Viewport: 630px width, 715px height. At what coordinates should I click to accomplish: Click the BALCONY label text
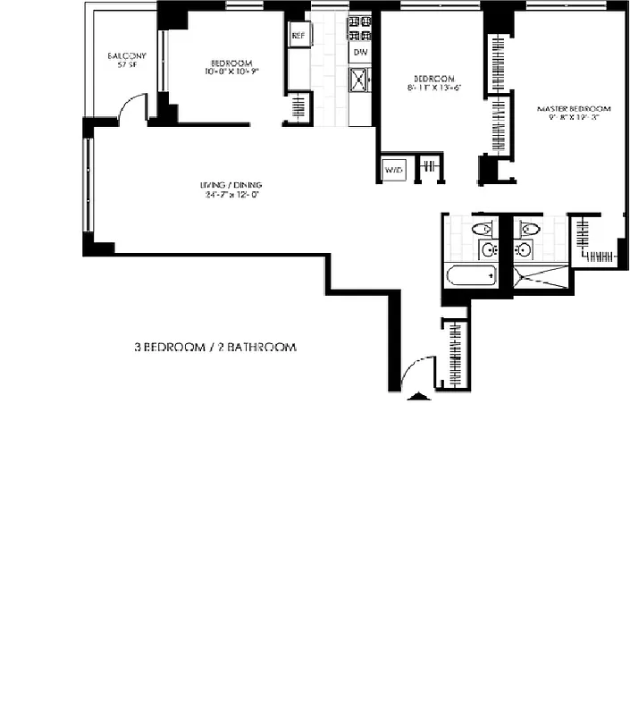[126, 56]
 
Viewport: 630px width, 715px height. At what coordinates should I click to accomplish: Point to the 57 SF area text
[126, 66]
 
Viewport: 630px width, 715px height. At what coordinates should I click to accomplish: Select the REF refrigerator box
[298, 36]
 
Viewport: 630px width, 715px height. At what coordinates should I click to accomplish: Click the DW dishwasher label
[359, 53]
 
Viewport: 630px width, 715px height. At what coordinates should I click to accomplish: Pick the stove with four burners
[359, 29]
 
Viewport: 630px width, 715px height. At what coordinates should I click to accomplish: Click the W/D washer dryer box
[392, 168]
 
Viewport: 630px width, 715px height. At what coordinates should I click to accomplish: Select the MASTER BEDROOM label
[574, 108]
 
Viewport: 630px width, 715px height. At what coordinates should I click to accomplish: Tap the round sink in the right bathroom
[525, 249]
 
